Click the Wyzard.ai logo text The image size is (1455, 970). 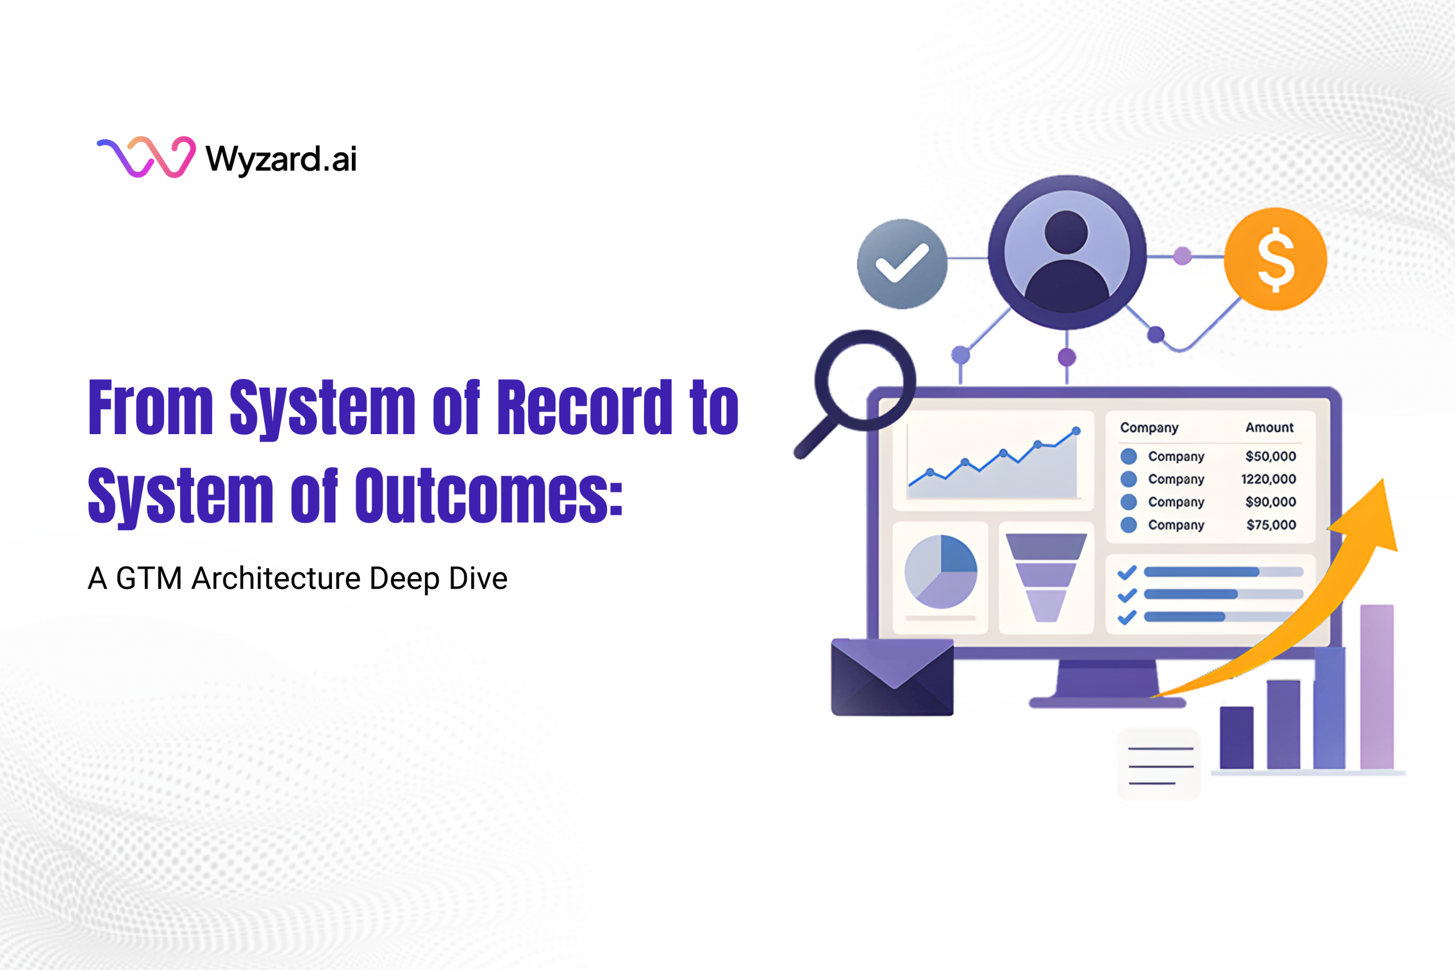[281, 159]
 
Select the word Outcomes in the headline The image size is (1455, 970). [489, 496]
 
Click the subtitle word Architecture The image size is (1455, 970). [276, 578]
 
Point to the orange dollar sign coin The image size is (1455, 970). [1275, 259]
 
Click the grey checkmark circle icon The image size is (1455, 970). [901, 264]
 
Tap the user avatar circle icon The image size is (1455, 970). [1066, 252]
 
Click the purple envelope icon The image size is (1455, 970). [892, 677]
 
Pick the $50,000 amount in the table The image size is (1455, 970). [1270, 456]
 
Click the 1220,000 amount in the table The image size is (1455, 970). [1268, 480]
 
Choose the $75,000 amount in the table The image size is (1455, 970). [1271, 525]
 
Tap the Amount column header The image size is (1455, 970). [1269, 427]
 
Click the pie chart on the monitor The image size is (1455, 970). [940, 572]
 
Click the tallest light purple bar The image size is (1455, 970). [1377, 686]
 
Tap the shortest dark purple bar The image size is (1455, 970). [1236, 738]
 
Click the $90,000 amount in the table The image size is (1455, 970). [1270, 502]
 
